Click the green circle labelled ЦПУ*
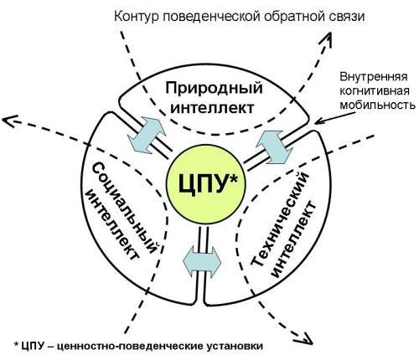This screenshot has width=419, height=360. tap(205, 184)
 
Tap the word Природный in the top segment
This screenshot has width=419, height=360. tap(214, 89)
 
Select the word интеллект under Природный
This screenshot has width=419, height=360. tap(212, 108)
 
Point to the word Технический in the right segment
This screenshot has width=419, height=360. tap(280, 219)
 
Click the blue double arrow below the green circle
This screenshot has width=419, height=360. tap(202, 262)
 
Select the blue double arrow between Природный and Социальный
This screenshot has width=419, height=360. tap(147, 135)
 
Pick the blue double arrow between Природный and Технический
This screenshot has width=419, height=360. tap(274, 147)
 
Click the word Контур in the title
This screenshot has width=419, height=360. tap(137, 17)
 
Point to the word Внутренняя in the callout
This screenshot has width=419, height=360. tap(374, 77)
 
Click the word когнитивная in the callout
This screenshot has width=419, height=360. tap(375, 91)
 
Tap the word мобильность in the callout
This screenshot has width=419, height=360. tap(377, 105)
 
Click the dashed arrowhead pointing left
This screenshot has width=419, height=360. tap(8, 121)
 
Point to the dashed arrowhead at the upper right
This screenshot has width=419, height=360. tap(328, 39)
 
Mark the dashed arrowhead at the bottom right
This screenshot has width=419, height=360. tap(306, 338)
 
